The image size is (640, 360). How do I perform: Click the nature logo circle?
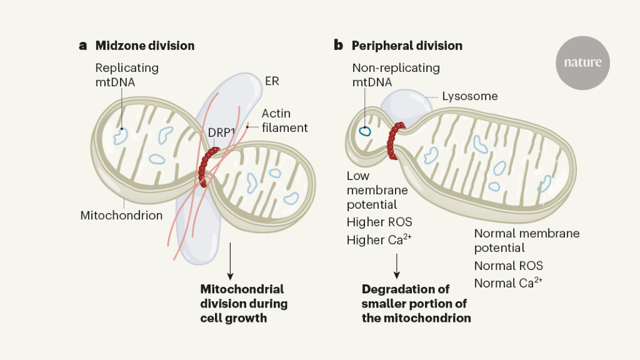point(582,62)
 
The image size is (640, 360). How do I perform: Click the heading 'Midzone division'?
point(144,46)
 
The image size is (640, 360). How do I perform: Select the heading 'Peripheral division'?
point(407,46)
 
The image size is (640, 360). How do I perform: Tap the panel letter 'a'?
point(82,46)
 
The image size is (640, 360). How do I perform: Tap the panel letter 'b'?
point(338,46)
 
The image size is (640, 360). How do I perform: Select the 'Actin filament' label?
point(284,121)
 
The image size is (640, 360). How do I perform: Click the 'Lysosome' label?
point(469,96)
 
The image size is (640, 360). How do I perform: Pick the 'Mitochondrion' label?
point(121,216)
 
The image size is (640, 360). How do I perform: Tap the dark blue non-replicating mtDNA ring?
point(364,132)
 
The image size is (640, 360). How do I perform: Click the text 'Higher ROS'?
point(379,222)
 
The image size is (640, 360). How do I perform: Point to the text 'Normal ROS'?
point(508,266)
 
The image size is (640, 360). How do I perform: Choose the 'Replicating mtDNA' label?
point(127,74)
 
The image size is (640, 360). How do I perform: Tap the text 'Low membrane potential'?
point(377,191)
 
